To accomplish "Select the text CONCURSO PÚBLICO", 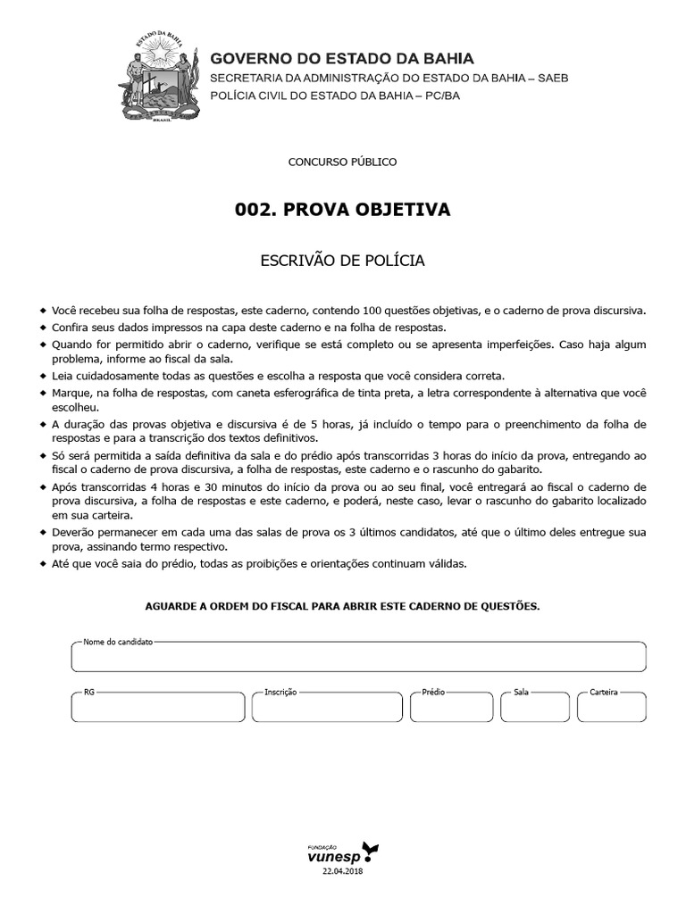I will (x=342, y=162).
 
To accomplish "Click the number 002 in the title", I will (x=253, y=210).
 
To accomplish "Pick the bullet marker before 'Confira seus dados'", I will (x=44, y=328).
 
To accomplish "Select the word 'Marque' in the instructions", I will (x=71, y=394).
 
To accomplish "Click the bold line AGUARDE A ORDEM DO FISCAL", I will (x=342, y=606).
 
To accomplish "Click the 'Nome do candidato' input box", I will (x=358, y=657).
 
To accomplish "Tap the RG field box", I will (x=156, y=707).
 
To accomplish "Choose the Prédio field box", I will (x=451, y=707).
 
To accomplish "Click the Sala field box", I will (x=535, y=707).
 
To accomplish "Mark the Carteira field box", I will (x=611, y=707).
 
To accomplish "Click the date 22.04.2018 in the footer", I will (x=343, y=871).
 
